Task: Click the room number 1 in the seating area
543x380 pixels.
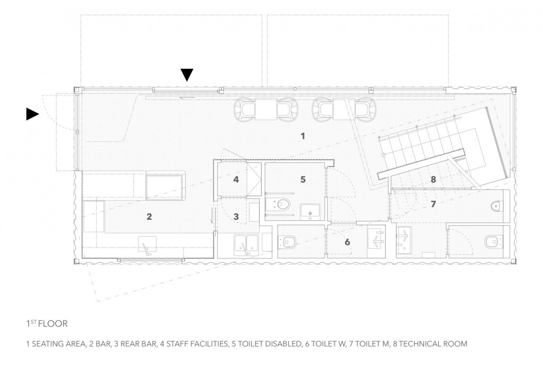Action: (303, 136)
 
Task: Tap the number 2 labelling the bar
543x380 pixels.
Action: (149, 216)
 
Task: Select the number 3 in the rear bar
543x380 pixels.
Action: (236, 216)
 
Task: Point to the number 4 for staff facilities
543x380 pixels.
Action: (236, 180)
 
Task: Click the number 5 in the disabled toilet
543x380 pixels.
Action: (303, 180)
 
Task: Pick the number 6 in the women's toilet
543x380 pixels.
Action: (348, 242)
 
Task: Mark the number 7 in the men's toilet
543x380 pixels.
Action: (433, 204)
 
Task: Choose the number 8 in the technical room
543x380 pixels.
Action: (433, 180)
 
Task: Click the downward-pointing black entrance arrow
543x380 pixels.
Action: (187, 75)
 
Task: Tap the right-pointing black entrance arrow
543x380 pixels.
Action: (33, 114)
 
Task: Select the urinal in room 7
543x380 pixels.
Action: (497, 206)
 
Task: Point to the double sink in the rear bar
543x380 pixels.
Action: (246, 245)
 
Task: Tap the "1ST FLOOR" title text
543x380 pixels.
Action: (47, 324)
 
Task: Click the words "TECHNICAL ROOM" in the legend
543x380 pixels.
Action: (433, 344)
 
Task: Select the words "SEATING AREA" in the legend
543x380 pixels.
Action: (59, 344)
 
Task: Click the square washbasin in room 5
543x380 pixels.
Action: (310, 212)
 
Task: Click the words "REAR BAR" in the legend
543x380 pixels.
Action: (138, 344)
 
